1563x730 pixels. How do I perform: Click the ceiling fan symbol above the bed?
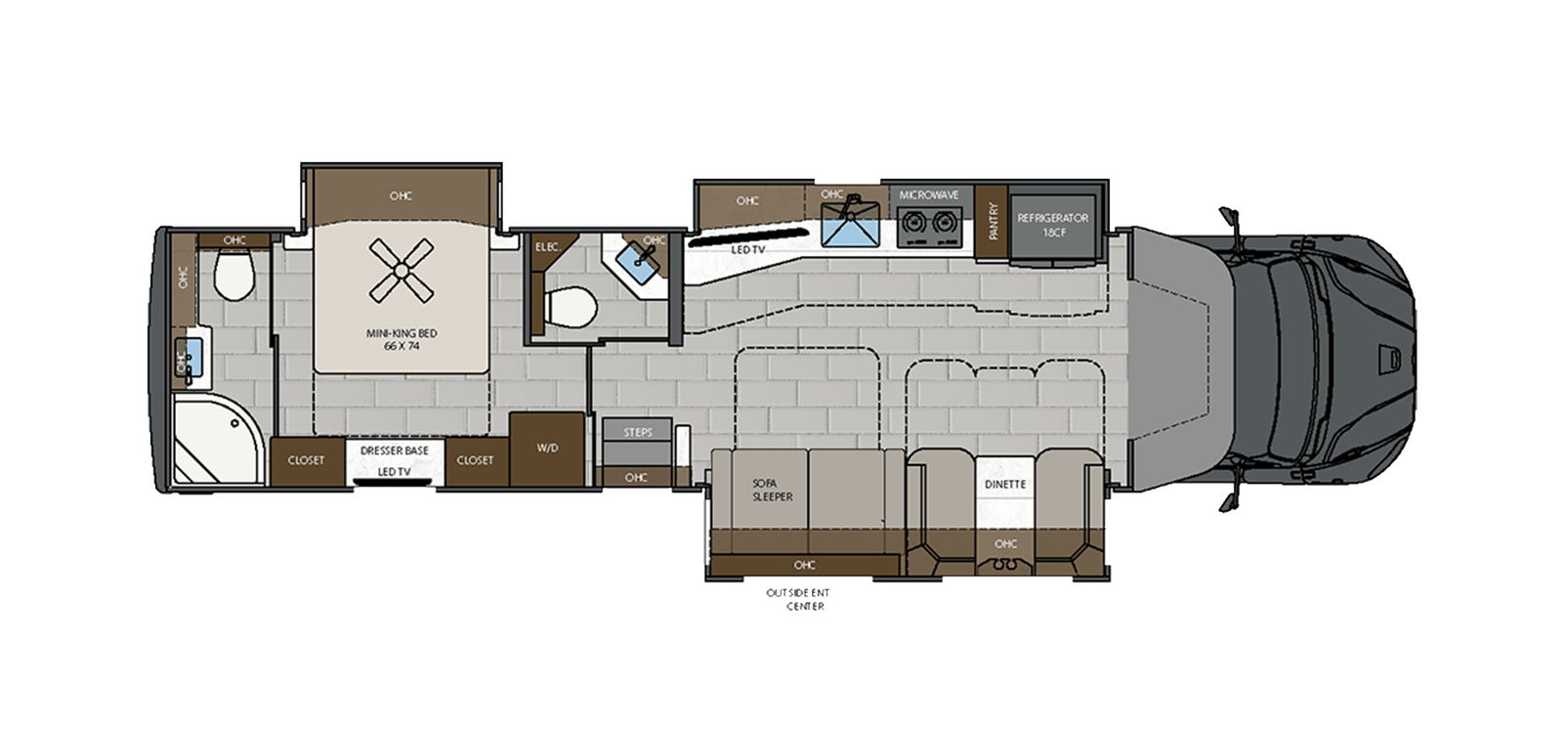(401, 271)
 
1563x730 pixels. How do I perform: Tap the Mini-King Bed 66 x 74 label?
(401, 340)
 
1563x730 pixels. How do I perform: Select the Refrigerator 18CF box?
(1052, 225)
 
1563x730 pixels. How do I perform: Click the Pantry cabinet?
(993, 223)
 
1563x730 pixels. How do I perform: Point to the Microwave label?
(928, 195)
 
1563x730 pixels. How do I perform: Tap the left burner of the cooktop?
(914, 222)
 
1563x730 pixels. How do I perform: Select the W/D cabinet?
(547, 450)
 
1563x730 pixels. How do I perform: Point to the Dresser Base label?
(395, 451)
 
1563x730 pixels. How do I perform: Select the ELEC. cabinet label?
(547, 247)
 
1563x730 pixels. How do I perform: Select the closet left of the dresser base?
(306, 460)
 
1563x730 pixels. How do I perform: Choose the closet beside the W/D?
(475, 460)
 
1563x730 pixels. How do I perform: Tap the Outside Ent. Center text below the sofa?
(799, 599)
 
